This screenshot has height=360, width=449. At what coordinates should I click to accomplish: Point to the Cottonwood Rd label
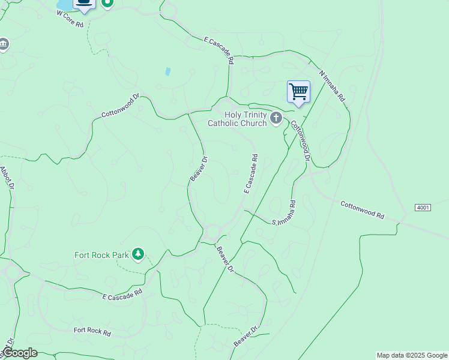coord(362,210)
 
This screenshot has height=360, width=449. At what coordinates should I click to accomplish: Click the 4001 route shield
coord(423,208)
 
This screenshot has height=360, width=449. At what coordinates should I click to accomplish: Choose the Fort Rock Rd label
coord(92,331)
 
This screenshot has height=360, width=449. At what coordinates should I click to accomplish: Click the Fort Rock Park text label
coord(101,254)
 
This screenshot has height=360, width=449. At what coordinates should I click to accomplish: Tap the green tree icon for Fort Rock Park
coord(139,254)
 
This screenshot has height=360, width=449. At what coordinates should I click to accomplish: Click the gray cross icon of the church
coord(276,118)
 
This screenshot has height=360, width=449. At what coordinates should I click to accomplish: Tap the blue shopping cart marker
coord(298,92)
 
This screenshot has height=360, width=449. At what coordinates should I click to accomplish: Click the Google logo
coord(20,353)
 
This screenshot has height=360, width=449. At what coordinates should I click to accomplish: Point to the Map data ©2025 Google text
coord(412,355)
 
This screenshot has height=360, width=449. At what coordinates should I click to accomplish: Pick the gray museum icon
coord(4,44)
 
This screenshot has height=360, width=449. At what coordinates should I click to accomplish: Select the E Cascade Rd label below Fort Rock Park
coord(122,294)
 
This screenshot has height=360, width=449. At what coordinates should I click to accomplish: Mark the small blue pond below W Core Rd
coord(167,71)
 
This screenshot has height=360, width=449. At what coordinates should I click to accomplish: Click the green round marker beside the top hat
coord(107,2)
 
